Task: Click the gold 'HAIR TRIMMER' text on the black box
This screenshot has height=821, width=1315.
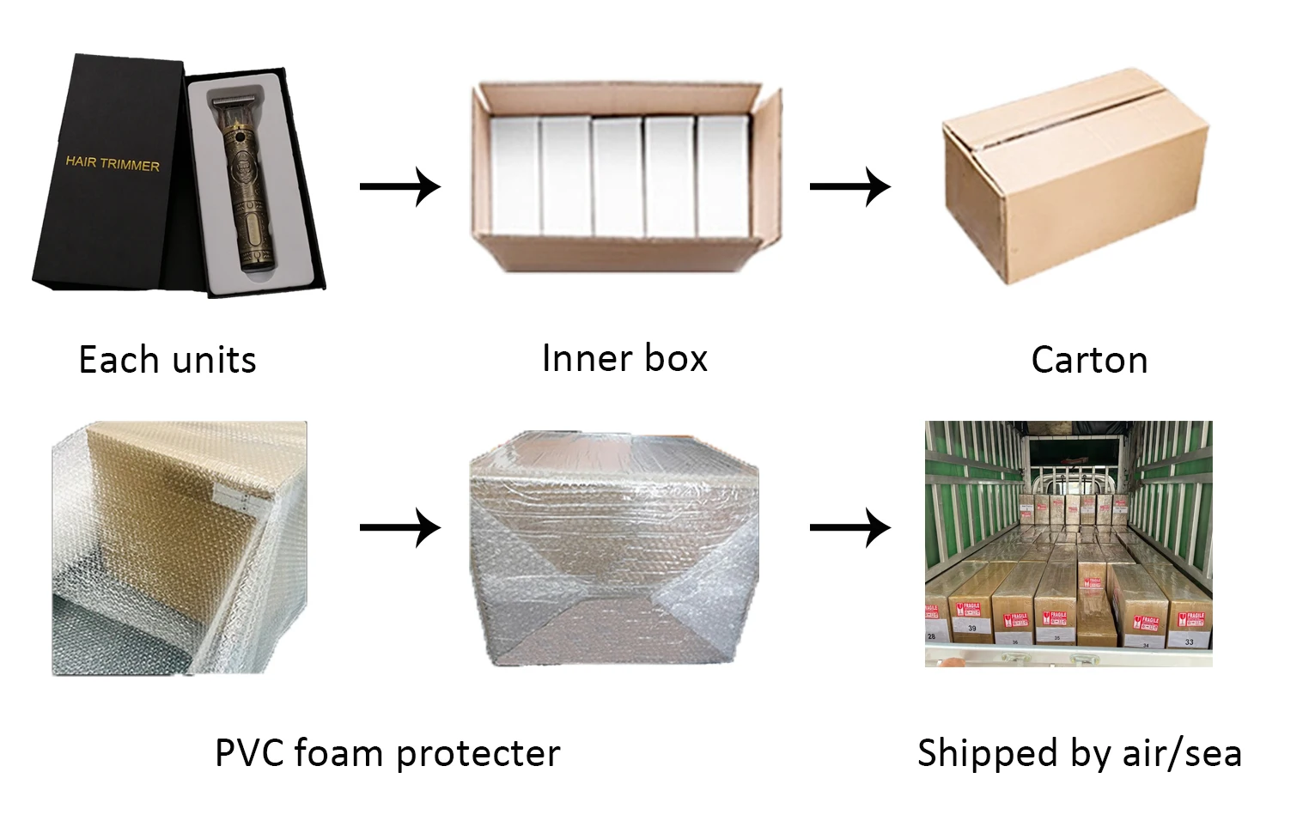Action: (x=113, y=163)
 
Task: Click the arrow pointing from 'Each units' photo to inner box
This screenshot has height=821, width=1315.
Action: (x=399, y=186)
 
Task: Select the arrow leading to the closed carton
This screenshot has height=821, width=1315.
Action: (x=849, y=186)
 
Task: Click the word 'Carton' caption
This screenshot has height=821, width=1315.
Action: (x=1089, y=360)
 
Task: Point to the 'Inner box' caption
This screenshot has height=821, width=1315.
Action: (x=624, y=358)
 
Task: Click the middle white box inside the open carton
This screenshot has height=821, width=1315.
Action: (x=617, y=176)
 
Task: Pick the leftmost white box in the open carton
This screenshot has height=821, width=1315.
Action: (x=513, y=176)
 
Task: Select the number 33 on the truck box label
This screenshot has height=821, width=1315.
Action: (x=1189, y=642)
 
